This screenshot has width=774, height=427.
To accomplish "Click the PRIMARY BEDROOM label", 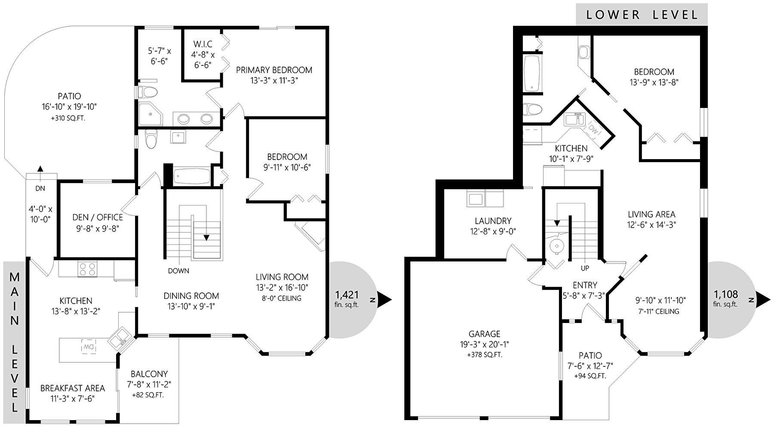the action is tap(274, 70).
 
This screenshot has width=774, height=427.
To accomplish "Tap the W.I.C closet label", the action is tap(203, 44).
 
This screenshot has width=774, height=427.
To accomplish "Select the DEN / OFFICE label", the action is tap(98, 218).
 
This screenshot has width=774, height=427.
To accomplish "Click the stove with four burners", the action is tap(87, 269).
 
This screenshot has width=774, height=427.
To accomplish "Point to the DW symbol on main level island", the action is tap(88, 347).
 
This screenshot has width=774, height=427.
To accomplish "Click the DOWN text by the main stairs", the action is tap(178, 271).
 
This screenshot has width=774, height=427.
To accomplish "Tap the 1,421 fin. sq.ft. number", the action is tap(347, 295).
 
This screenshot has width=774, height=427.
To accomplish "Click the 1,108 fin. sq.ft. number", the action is tap(726, 295).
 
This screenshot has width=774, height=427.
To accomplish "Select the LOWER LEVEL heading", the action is tap(642, 15).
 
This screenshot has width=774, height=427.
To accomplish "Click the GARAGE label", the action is tap(484, 334).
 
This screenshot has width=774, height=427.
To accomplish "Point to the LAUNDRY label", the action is tap(493, 221).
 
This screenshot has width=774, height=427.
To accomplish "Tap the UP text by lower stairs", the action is tap(585, 268).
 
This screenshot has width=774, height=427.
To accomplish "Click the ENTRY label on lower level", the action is tap(585, 285).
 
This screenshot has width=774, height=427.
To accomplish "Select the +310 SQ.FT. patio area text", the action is tap(68, 118).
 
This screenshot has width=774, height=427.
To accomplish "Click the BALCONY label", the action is tap(149, 374).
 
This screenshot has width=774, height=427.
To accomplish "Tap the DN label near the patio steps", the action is tap(40, 188).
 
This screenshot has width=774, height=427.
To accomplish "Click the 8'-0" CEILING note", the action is tap(282, 298).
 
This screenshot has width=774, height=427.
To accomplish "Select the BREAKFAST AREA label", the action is tap(73, 388).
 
